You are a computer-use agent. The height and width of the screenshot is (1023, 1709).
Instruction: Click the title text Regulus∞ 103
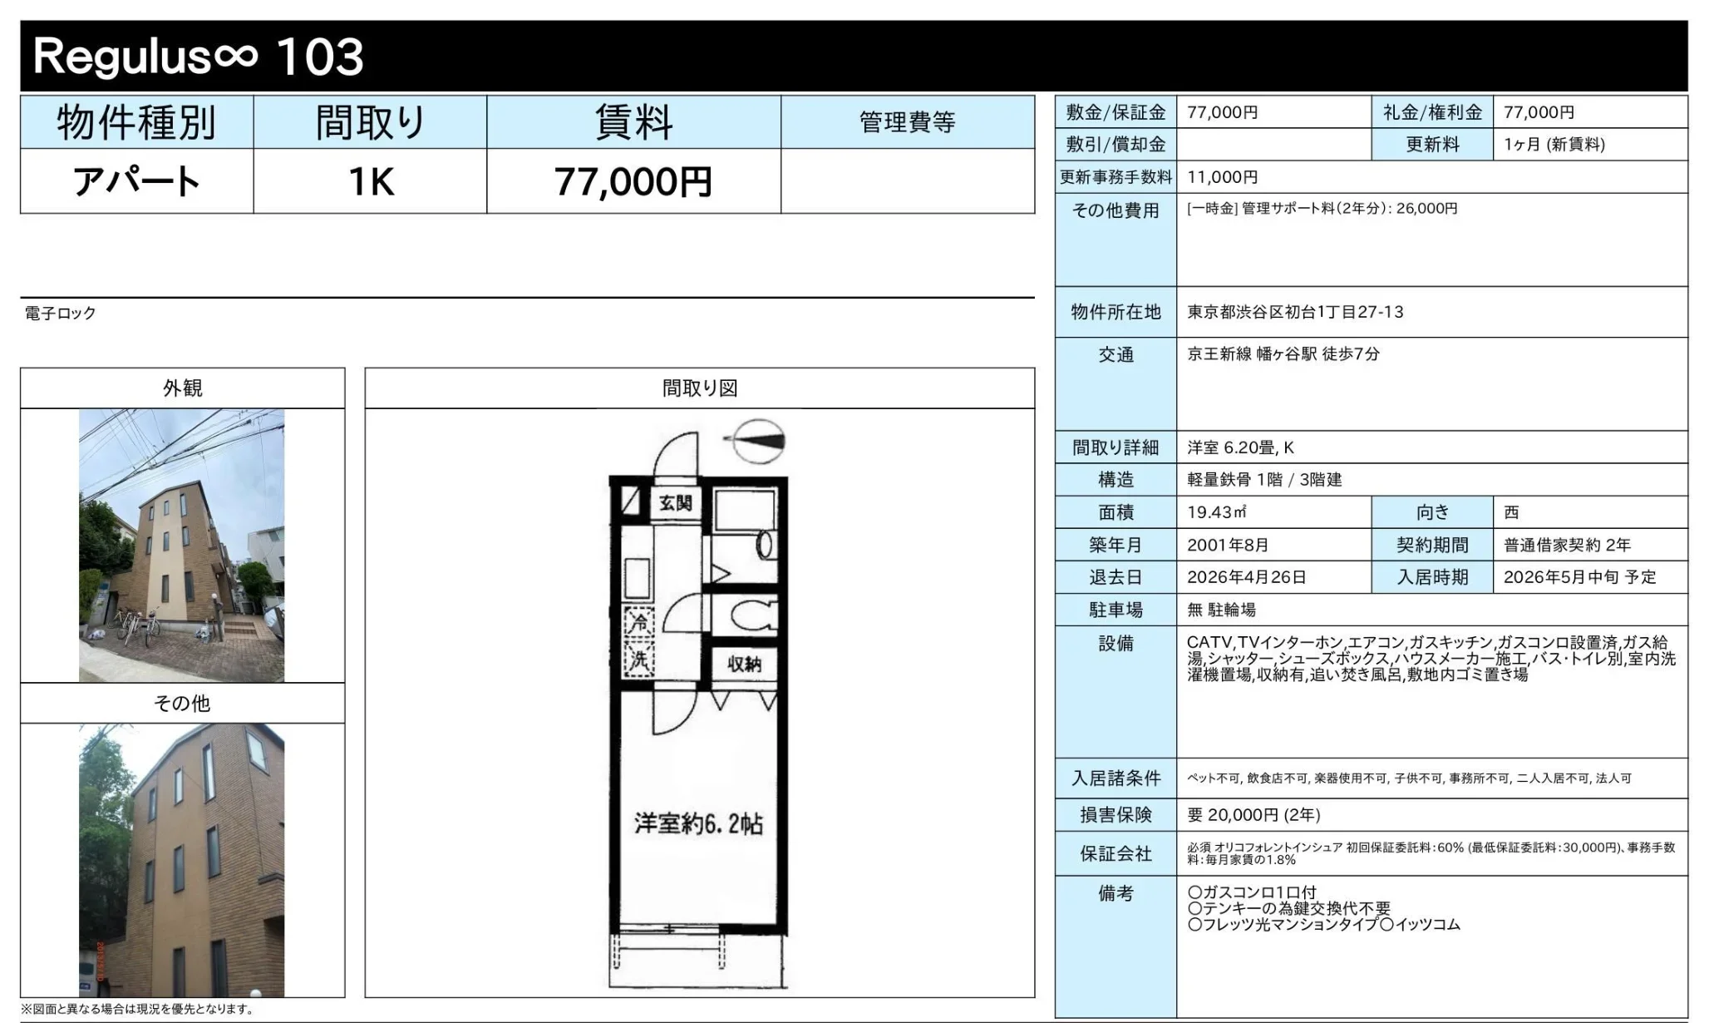pos(198,57)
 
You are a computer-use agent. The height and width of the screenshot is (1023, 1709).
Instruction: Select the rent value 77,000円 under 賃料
pos(633,181)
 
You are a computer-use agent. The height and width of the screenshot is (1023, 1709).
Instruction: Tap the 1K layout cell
pos(370,181)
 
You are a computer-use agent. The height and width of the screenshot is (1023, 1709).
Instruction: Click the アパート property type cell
pos(136,181)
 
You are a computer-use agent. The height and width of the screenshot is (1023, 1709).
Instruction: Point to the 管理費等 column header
pos(907,122)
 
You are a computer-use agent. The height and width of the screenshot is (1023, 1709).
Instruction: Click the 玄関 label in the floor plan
pos(675,502)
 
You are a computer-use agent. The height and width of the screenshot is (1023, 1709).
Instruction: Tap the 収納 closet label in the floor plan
pos(743,664)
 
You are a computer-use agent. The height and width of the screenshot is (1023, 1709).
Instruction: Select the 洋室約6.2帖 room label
pos(698,823)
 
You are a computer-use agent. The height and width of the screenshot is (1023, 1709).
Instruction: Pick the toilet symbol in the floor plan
pos(753,616)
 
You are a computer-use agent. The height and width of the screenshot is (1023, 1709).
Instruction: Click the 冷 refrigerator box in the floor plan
pos(638,621)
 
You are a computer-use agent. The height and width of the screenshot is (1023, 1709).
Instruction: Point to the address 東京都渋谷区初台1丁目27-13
pos(1294,312)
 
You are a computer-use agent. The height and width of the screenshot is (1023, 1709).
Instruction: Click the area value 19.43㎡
pos(1216,512)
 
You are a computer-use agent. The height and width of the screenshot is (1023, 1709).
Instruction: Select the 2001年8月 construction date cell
pos(1227,545)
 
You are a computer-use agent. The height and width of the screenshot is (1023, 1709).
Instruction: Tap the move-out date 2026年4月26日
pos(1245,577)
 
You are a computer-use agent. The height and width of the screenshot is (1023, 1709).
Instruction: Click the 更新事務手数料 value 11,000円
pos(1222,177)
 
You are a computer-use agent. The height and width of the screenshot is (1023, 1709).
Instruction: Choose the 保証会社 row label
pos(1115,853)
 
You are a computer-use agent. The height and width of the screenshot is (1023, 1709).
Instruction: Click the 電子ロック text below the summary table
pos(61,314)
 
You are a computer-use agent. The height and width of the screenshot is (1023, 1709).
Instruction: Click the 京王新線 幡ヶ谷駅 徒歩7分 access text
pos(1283,354)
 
